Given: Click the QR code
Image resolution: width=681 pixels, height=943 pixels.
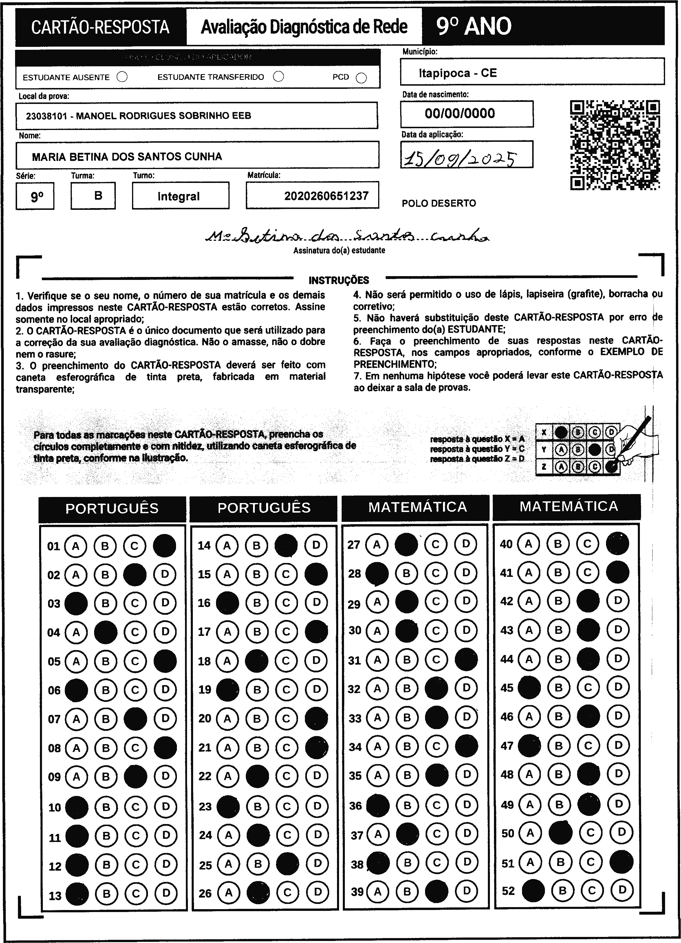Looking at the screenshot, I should (x=614, y=145).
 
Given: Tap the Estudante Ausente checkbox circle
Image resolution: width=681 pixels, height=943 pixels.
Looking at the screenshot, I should (x=122, y=77).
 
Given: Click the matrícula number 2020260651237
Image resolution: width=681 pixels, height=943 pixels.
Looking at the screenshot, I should (x=326, y=196).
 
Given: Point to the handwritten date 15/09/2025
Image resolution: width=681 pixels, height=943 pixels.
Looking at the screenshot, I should (x=461, y=158).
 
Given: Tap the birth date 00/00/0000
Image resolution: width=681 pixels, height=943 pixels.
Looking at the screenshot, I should (x=460, y=113).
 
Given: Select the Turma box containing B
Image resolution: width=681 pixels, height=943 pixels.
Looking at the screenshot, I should (x=98, y=195).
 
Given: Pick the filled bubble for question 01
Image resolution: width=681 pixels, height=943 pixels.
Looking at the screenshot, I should (x=165, y=546).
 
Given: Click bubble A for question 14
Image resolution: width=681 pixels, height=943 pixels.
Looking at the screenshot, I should (x=227, y=545).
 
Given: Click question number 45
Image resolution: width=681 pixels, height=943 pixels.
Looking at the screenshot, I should (x=507, y=688).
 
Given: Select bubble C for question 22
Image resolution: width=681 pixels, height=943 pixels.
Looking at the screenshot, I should (x=287, y=775).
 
